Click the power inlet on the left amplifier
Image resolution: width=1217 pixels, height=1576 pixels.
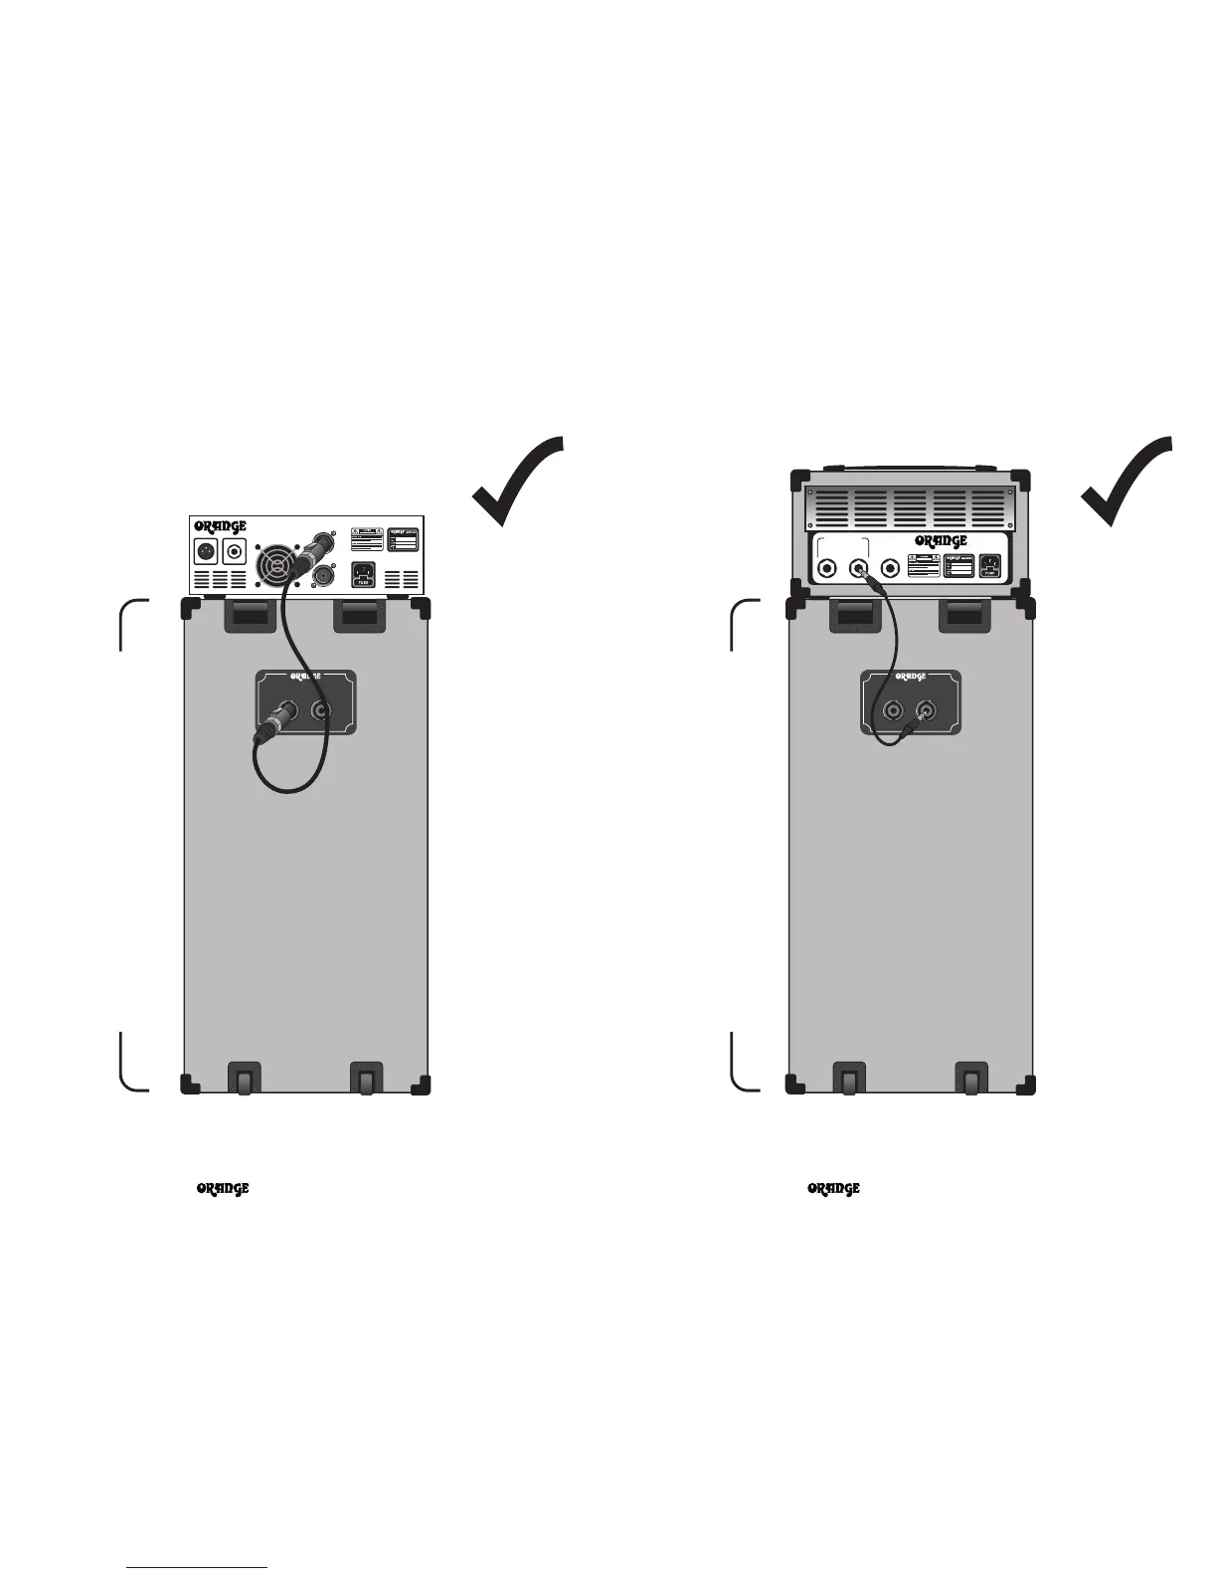pos(365,575)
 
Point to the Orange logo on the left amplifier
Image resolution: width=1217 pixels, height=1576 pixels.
pos(220,525)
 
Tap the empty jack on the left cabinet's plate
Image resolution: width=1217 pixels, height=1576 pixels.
pos(321,710)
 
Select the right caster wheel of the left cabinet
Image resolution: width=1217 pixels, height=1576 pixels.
pos(366,1079)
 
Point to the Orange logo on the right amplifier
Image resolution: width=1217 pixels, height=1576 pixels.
pos(940,540)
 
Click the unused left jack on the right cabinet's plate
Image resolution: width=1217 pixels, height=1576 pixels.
pos(893,710)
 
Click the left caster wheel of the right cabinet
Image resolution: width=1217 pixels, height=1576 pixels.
pos(849,1079)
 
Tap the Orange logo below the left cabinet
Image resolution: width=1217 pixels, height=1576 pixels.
pos(222,1188)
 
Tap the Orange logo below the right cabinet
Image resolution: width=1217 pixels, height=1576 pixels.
pos(833,1188)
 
